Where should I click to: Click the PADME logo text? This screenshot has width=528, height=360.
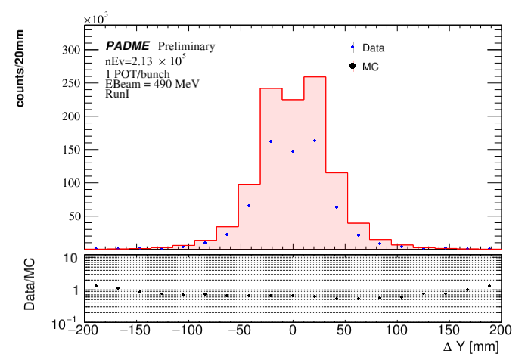128,46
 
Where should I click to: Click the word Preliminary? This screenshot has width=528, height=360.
186,46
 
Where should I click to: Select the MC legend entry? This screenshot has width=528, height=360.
371,67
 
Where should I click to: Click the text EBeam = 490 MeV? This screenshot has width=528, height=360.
152,84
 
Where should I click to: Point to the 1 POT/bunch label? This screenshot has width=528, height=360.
138,73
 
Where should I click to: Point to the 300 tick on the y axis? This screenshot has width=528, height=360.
70,50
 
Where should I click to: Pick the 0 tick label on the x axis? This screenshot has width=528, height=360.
293,332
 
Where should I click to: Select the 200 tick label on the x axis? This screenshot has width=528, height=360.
501,332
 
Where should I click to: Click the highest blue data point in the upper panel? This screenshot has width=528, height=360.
315,141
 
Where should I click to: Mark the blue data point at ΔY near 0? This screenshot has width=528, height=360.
293,151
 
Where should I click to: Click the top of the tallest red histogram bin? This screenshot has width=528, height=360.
315,77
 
